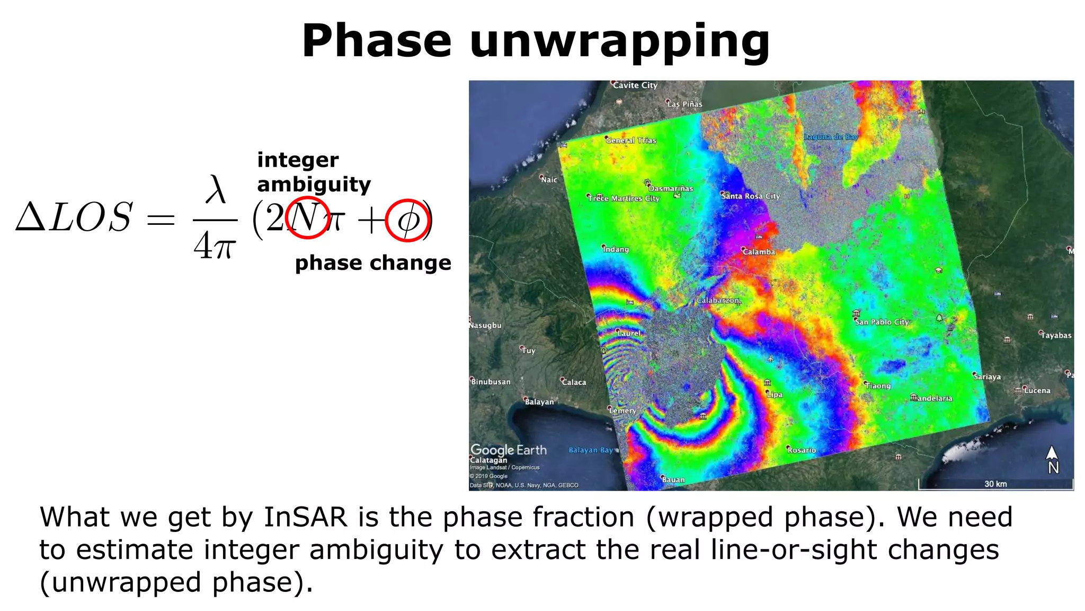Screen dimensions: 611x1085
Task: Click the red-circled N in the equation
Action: click(306, 217)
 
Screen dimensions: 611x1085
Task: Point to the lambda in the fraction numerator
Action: click(215, 189)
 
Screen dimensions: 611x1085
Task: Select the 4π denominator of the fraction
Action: click(214, 246)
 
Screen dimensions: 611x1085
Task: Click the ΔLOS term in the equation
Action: click(74, 218)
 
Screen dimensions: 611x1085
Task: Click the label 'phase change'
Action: click(373, 263)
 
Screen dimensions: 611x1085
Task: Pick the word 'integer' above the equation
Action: click(298, 160)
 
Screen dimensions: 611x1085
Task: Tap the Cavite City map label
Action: click(635, 85)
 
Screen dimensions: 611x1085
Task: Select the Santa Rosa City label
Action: click(750, 196)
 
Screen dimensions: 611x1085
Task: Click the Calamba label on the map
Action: click(759, 252)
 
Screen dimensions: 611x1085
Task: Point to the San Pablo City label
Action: click(882, 322)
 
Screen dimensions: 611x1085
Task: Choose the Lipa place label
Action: click(774, 395)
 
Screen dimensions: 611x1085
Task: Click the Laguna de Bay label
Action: click(831, 137)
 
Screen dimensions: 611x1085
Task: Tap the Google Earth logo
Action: click(509, 450)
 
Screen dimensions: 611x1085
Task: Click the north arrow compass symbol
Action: click(1052, 459)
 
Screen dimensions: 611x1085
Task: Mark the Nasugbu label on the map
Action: click(485, 325)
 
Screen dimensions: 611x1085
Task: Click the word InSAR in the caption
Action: click(305, 517)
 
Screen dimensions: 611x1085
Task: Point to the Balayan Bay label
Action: click(590, 450)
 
